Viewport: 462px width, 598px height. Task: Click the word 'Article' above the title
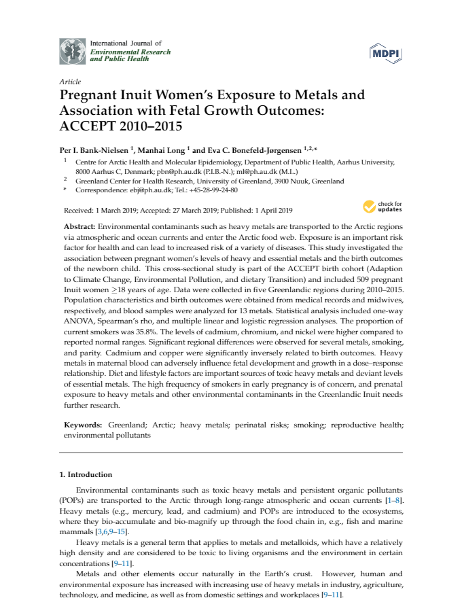pyautogui.click(x=71, y=82)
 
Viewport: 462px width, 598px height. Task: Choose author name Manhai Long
pyautogui.click(x=164, y=149)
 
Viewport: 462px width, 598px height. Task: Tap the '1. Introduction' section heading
pyautogui.click(x=86, y=474)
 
